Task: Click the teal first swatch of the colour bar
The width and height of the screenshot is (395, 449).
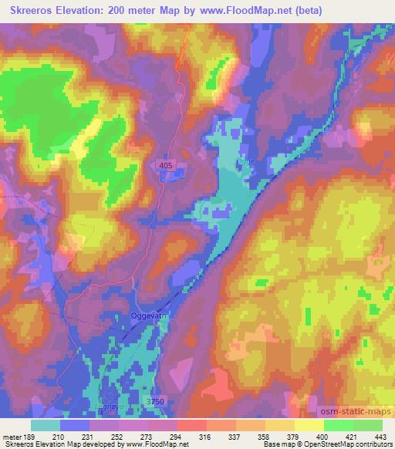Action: point(46,425)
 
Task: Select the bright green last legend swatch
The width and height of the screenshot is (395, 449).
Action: point(367,425)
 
